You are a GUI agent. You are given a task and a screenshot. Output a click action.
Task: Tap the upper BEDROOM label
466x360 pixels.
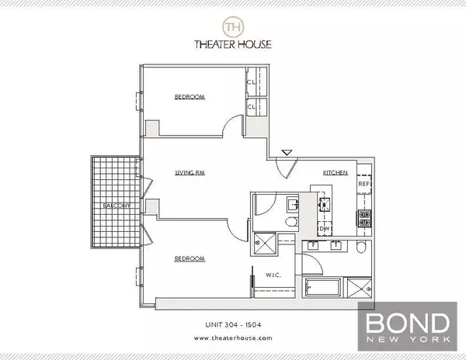[190, 97]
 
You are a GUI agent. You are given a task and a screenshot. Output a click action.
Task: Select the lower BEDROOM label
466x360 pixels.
[190, 258]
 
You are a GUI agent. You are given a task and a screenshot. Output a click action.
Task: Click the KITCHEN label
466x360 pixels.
[336, 172]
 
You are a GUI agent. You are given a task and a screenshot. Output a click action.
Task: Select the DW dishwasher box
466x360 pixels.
[325, 229]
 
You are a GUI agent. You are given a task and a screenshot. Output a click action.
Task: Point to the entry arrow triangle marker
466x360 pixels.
[287, 153]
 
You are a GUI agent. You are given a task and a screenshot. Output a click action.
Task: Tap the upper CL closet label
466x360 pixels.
[252, 81]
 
